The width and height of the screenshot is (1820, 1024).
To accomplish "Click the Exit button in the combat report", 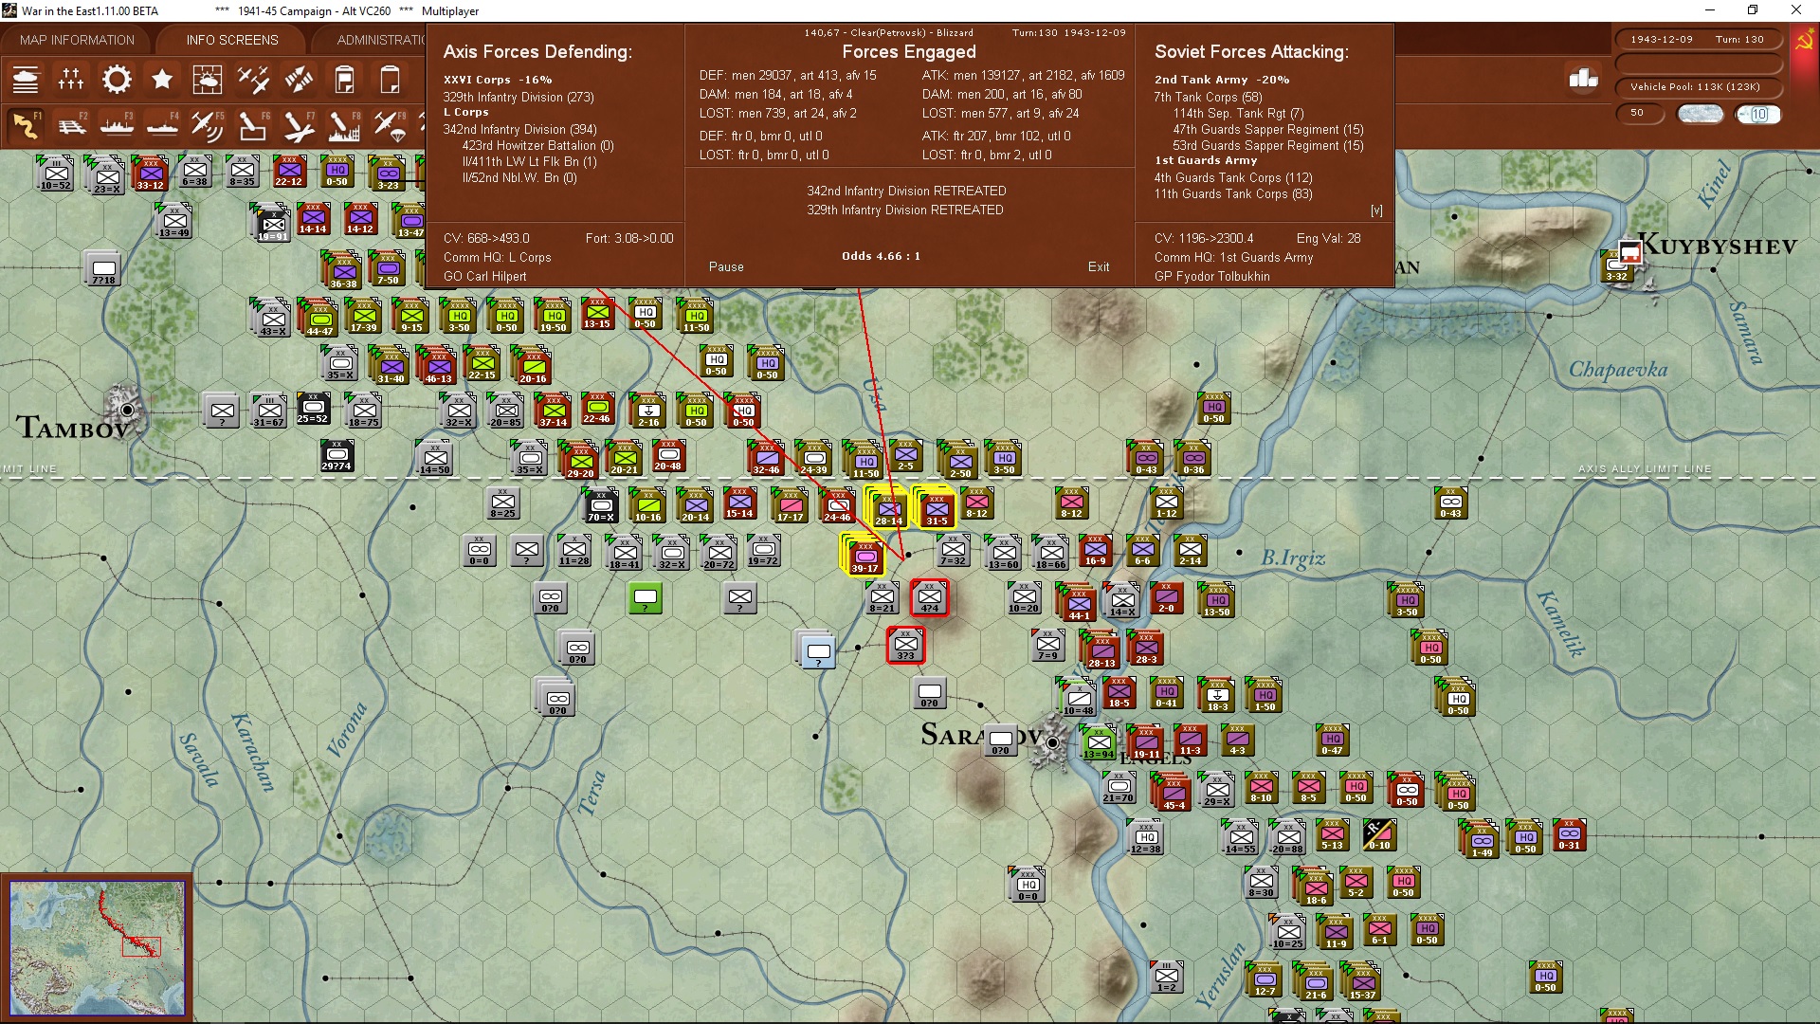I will pos(1098,266).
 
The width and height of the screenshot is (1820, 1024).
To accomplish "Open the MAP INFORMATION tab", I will pos(77,40).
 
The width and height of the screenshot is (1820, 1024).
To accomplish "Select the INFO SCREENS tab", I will pos(232,40).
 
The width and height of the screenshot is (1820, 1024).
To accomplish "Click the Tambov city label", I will pos(72,428).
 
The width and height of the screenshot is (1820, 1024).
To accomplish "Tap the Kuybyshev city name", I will pos(1717,246).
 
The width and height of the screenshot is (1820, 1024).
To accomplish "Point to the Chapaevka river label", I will pos(1617,369).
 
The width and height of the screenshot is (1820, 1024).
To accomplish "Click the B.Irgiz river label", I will pos(1292,558).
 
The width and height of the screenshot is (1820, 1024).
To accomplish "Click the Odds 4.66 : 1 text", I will pos(881,256).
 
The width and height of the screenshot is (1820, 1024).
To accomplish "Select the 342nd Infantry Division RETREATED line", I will pos(905,191).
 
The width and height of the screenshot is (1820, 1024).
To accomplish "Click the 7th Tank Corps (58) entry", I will pos(1208,97).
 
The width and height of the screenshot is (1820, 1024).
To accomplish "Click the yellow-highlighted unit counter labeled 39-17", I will pos(864,556).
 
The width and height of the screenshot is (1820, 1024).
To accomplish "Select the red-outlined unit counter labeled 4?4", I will pos(929,598).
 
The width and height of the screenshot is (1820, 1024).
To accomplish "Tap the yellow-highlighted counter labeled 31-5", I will pos(937,508).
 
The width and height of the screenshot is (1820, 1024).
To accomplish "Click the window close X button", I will pos(1795,10).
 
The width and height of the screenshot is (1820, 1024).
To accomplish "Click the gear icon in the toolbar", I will pos(117,80).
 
